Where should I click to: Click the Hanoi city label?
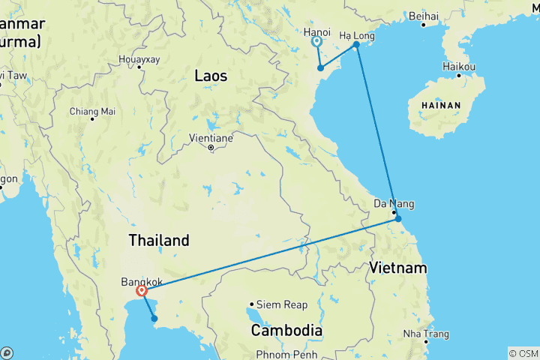(x=317, y=31)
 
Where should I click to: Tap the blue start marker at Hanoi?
(x=316, y=43)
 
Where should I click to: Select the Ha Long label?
(x=357, y=35)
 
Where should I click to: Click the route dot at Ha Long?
(x=357, y=44)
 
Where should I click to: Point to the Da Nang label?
(x=394, y=203)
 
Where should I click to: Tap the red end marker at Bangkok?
(x=141, y=290)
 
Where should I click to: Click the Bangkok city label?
(x=142, y=282)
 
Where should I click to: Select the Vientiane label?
(x=213, y=138)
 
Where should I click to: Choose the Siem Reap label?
(x=282, y=304)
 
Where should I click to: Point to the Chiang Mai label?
(x=93, y=111)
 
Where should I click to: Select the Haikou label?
(x=460, y=67)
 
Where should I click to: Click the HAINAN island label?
(x=440, y=106)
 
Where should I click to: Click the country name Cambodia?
(x=286, y=330)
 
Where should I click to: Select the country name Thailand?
(x=159, y=241)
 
